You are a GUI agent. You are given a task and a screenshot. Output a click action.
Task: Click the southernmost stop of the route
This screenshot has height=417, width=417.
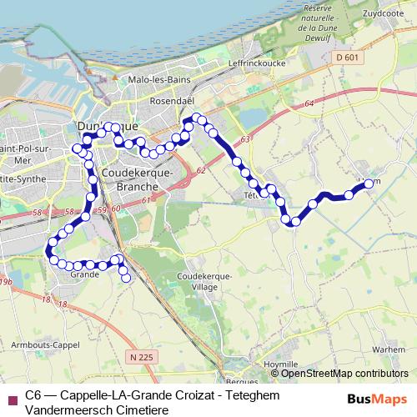pyautogui.click(x=127, y=279)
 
